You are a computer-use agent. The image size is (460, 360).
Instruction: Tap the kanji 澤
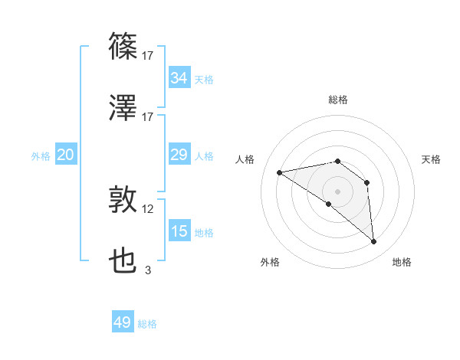123,109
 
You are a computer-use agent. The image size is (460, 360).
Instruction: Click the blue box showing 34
179,78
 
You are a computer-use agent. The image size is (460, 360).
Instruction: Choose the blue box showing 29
179,155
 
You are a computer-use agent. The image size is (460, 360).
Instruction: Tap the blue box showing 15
179,231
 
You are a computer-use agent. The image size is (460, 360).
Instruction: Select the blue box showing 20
65,155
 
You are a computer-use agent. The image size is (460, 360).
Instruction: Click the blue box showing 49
123,322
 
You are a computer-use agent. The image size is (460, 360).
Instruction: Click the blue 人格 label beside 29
204,156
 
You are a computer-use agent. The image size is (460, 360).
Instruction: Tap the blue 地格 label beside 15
204,233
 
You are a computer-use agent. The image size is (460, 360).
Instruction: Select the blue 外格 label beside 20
41,156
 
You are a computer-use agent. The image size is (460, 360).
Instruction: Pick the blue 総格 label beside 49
147,324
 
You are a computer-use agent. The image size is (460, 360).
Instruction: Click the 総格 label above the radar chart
338,100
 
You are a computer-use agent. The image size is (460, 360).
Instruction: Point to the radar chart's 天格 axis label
431,159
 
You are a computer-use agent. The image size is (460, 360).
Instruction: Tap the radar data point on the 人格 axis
279,172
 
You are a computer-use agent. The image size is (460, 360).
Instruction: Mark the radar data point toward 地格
373,242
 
